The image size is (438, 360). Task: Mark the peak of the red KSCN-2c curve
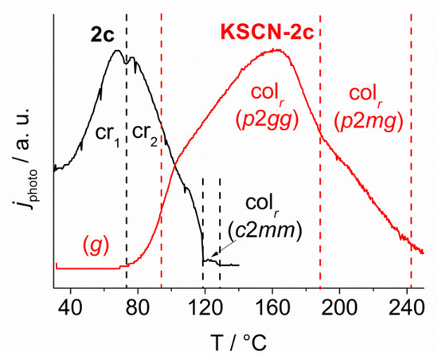click(275, 49)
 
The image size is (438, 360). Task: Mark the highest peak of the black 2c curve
click(118, 51)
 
